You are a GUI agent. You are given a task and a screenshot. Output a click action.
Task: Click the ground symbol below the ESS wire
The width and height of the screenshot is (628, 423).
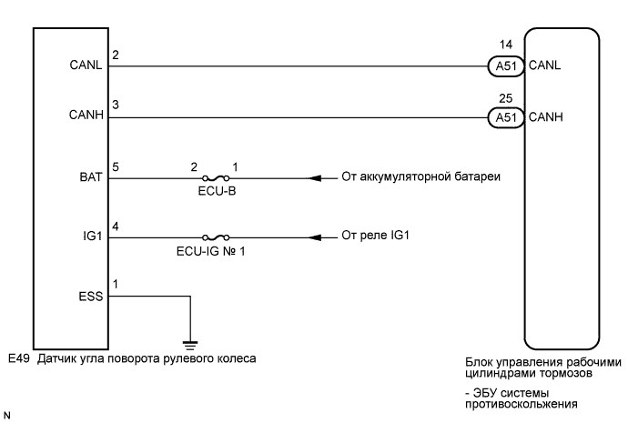pyautogui.click(x=188, y=342)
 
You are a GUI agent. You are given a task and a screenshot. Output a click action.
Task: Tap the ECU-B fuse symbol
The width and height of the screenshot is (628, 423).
pyautogui.click(x=214, y=178)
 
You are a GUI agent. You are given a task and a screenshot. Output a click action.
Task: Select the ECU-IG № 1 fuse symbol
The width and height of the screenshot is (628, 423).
pyautogui.click(x=214, y=238)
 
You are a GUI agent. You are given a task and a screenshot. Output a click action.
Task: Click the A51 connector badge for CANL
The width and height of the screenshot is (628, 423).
pyautogui.click(x=502, y=65)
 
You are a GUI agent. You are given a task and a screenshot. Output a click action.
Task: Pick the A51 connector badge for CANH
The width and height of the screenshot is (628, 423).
pyautogui.click(x=502, y=116)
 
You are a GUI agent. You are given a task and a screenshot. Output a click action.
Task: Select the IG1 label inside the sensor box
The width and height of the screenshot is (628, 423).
pyautogui.click(x=91, y=238)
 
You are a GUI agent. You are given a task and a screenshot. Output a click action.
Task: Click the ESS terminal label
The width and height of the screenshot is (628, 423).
pyautogui.click(x=89, y=297)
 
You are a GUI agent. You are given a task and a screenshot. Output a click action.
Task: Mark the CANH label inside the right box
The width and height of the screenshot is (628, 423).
pyautogui.click(x=546, y=116)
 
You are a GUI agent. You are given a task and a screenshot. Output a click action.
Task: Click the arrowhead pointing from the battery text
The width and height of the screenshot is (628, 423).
pyautogui.click(x=314, y=178)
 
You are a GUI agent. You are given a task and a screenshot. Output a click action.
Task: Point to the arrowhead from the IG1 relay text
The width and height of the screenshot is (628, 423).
pyautogui.click(x=314, y=238)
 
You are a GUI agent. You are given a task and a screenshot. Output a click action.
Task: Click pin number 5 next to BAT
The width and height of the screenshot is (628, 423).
pyautogui.click(x=115, y=167)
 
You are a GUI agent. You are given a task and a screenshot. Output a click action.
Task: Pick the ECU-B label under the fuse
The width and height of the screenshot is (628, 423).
pyautogui.click(x=214, y=193)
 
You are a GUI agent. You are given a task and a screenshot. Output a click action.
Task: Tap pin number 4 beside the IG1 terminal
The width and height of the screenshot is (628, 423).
pyautogui.click(x=115, y=227)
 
